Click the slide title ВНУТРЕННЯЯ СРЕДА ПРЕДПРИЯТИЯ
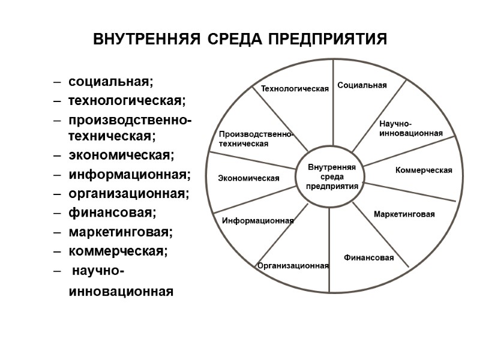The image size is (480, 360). coord(241,40)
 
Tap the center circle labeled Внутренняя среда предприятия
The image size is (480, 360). coord(332,176)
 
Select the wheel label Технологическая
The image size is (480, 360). coord(295,89)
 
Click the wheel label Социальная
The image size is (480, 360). coord(362,86)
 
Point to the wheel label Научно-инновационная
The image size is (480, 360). coord(411,128)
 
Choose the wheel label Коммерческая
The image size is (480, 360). coord(424,170)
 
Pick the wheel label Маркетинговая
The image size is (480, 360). coord(404,214)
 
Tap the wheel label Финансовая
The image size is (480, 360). coord(368,258)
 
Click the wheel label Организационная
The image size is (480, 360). coord(293,265)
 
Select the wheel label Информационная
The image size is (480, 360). coord(258,221)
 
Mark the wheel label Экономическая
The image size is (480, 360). coord(248,178)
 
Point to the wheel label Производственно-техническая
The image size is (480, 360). coord(255,140)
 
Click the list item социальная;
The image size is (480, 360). coord(111,80)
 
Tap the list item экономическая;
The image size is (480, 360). coord(121,156)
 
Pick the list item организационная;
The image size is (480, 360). coord(128,194)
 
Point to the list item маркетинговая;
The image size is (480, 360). coord(121,232)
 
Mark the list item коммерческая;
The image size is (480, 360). coord(118,251)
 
